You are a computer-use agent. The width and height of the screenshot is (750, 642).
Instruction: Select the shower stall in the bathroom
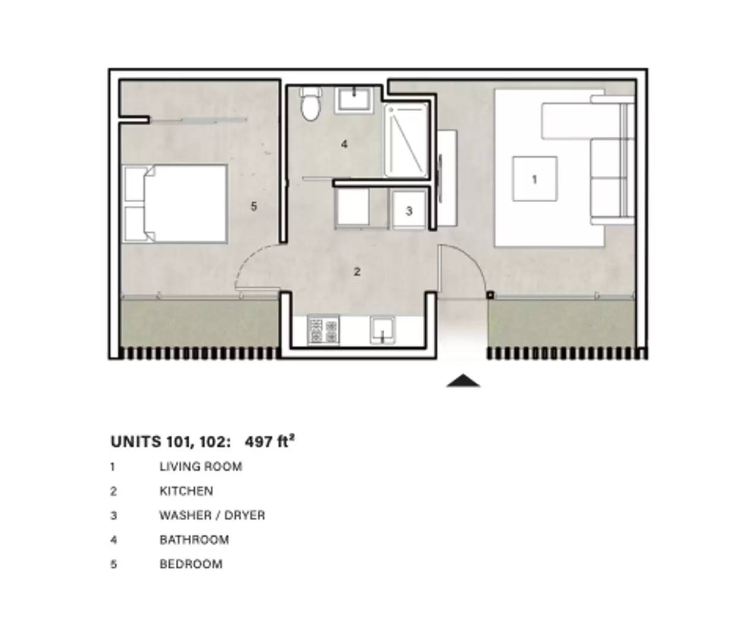pyautogui.click(x=406, y=140)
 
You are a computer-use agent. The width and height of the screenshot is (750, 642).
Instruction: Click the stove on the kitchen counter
pyautogui.click(x=323, y=330)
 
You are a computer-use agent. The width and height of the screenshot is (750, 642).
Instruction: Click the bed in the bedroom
pyautogui.click(x=175, y=203)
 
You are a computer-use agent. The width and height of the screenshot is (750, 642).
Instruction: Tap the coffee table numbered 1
pyautogui.click(x=535, y=179)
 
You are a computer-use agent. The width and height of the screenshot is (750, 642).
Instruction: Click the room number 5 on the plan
pyautogui.click(x=254, y=206)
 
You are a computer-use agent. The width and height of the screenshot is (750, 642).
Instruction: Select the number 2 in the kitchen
pyautogui.click(x=357, y=272)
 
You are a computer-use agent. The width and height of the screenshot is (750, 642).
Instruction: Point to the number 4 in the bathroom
pyautogui.click(x=344, y=144)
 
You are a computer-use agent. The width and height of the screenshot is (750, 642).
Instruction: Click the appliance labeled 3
pyautogui.click(x=409, y=210)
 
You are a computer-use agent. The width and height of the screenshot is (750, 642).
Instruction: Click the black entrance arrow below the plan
pyautogui.click(x=463, y=381)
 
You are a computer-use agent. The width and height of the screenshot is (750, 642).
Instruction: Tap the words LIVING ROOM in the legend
pyautogui.click(x=201, y=467)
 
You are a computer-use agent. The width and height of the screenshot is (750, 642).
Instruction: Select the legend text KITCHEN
pyautogui.click(x=186, y=491)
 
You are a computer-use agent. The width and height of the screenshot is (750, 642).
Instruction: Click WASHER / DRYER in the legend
pyautogui.click(x=212, y=515)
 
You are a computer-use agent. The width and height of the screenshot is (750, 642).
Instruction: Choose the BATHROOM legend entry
pyautogui.click(x=194, y=540)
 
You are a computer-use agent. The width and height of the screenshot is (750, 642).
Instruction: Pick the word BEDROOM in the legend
pyautogui.click(x=191, y=564)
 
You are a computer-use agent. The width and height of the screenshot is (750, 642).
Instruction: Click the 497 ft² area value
pyautogui.click(x=269, y=441)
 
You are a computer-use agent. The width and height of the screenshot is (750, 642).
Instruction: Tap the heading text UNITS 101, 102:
pyautogui.click(x=170, y=442)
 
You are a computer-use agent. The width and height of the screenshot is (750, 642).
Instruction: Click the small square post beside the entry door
pyautogui.click(x=490, y=295)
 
